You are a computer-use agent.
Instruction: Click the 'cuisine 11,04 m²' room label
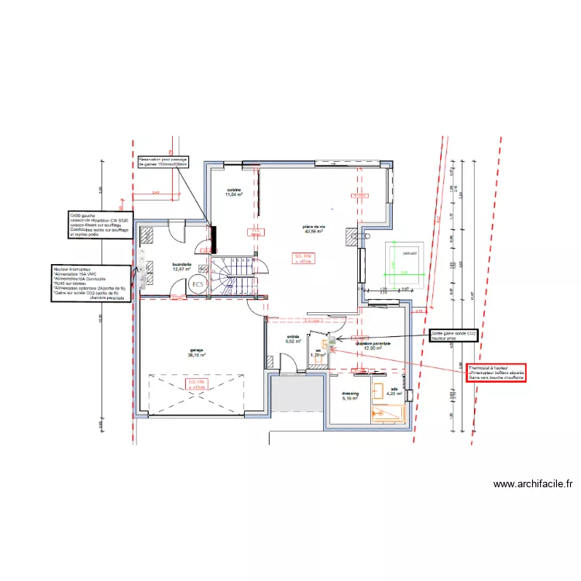(x=234, y=193)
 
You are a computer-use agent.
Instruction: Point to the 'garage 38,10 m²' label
(x=197, y=352)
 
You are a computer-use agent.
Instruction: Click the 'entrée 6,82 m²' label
(x=293, y=339)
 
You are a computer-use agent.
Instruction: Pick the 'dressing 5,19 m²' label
(x=350, y=396)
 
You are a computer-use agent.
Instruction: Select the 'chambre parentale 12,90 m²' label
(x=373, y=346)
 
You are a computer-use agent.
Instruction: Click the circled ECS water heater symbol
(x=198, y=285)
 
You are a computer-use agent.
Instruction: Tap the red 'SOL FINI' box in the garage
(x=198, y=385)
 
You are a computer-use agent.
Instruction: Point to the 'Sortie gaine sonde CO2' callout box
(x=455, y=335)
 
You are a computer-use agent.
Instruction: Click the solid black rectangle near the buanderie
(x=213, y=235)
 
